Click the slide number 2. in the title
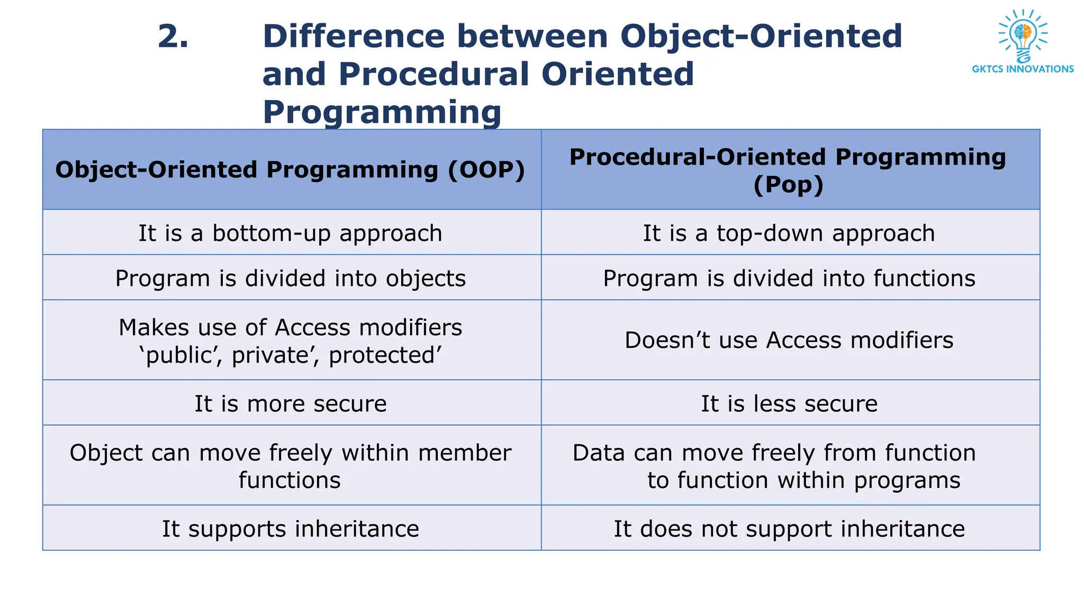pyautogui.click(x=173, y=37)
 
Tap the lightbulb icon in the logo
pyautogui.click(x=1023, y=36)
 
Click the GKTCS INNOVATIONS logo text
pyautogui.click(x=1023, y=69)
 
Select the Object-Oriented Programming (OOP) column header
pyautogui.click(x=290, y=170)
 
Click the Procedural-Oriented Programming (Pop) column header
pyautogui.click(x=788, y=170)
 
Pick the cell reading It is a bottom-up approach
pyautogui.click(x=290, y=234)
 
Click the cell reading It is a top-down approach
pyautogui.click(x=789, y=234)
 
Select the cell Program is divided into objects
pyautogui.click(x=290, y=279)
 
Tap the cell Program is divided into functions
pyautogui.click(x=789, y=279)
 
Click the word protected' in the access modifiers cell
pyautogui.click(x=385, y=355)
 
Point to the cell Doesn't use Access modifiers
pyautogui.click(x=789, y=340)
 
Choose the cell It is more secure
pyautogui.click(x=290, y=403)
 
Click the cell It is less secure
pyautogui.click(x=789, y=403)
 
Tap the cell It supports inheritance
pyautogui.click(x=290, y=529)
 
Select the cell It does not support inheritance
pyautogui.click(x=789, y=529)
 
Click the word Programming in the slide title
pyautogui.click(x=382, y=113)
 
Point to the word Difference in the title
pyautogui.click(x=354, y=37)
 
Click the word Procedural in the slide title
pyautogui.click(x=435, y=74)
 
